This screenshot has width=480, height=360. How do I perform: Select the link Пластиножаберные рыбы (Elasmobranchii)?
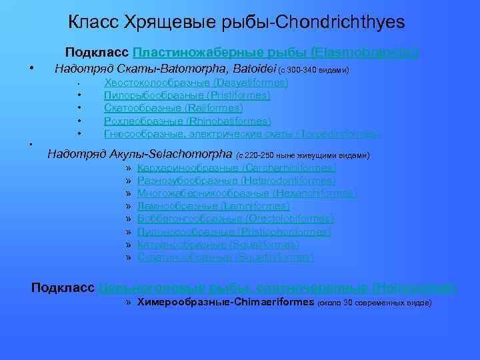pos(275,52)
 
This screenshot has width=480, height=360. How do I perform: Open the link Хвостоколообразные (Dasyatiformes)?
pos(196,83)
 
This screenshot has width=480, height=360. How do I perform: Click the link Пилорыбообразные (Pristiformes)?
pos(187,95)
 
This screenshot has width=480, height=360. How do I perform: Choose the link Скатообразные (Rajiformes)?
pos(173,108)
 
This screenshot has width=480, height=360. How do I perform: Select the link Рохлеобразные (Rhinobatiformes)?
pos(187,121)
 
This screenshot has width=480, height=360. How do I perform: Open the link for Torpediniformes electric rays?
pos(242,134)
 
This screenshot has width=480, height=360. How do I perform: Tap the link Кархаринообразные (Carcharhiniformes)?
pos(237,169)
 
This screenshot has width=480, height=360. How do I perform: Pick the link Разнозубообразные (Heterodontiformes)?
pos(237,181)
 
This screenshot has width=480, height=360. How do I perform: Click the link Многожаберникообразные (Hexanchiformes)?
pos(247,193)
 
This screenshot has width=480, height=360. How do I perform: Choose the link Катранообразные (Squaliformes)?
pos(218,245)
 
